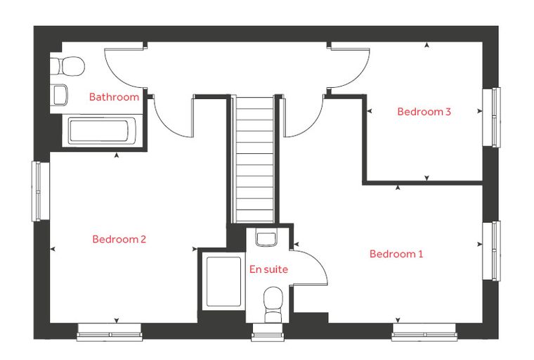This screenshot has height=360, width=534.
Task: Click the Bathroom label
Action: point(114,97)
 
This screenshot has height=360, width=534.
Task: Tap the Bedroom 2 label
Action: point(119,239)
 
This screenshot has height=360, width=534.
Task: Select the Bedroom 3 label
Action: point(424,112)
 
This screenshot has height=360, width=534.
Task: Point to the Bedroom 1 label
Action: point(396,254)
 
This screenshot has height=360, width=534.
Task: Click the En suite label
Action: point(268,269)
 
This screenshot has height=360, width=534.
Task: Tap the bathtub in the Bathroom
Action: point(102,131)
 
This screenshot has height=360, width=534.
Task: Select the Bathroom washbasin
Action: point(59,95)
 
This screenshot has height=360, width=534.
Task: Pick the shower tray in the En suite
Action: point(223,282)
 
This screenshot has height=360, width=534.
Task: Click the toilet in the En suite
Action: point(273,304)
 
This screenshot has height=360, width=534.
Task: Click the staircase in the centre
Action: point(255,160)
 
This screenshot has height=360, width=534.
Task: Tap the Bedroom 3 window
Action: point(492,117)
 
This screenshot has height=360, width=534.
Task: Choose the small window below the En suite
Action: point(268,333)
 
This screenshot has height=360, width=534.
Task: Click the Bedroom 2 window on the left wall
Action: point(41,191)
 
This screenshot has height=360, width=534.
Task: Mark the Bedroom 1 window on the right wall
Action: point(492,251)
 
